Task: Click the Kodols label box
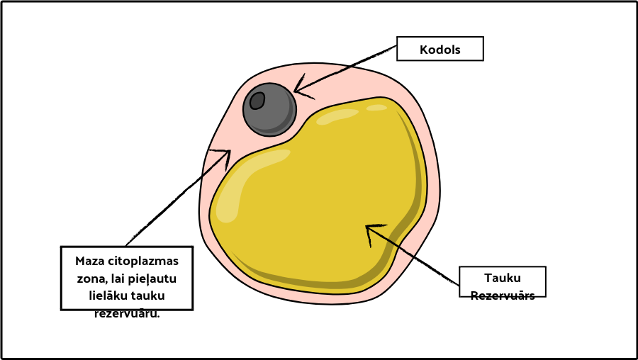(440, 49)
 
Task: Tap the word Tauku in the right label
(503, 278)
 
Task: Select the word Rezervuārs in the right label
(503, 295)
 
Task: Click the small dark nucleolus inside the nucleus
(257, 101)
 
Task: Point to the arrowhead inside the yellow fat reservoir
(372, 231)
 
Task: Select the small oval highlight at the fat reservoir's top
(376, 108)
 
